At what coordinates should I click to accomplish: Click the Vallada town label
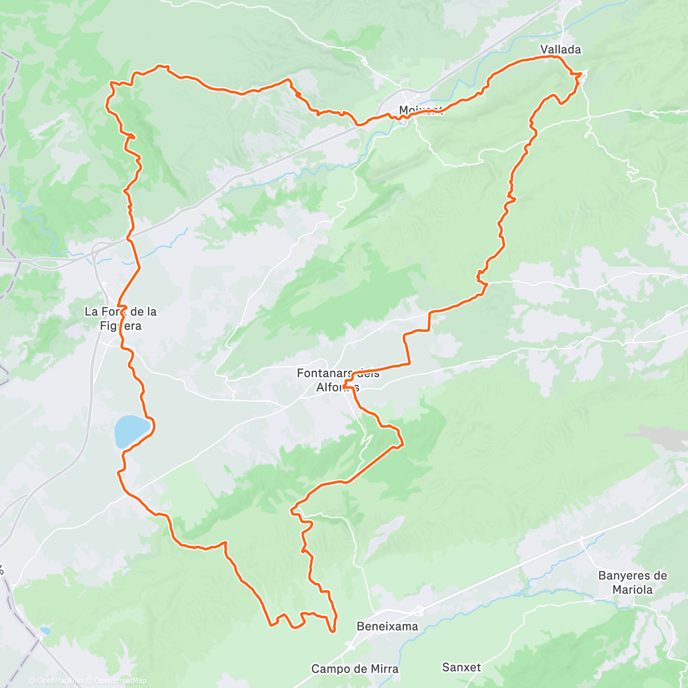(560, 50)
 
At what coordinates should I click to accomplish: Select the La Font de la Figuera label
(120, 319)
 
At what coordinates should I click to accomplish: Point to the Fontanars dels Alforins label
(338, 380)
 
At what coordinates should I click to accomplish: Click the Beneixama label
(387, 626)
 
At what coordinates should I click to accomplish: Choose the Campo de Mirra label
(354, 669)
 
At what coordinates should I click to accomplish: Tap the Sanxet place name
(462, 667)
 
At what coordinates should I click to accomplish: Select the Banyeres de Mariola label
(632, 583)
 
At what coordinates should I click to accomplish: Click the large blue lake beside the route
(131, 431)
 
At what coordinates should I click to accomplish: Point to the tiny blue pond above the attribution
(45, 631)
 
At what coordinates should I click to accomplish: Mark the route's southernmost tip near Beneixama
(333, 631)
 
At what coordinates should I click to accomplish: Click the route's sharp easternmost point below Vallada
(581, 73)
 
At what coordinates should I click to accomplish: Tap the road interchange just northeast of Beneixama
(420, 611)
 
